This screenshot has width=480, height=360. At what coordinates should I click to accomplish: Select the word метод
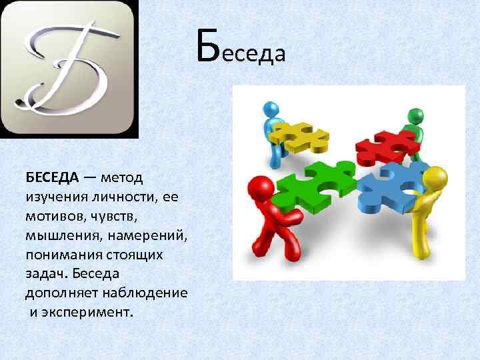pyautogui.click(x=125, y=178)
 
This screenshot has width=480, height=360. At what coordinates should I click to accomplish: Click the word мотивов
pyautogui.click(x=53, y=217)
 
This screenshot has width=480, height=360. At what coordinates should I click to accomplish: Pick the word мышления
pyautogui.click(x=61, y=237)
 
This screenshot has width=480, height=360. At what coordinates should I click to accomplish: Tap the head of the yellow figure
pyautogui.click(x=435, y=178)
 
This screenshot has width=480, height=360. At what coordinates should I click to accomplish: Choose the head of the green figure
pyautogui.click(x=415, y=115)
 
